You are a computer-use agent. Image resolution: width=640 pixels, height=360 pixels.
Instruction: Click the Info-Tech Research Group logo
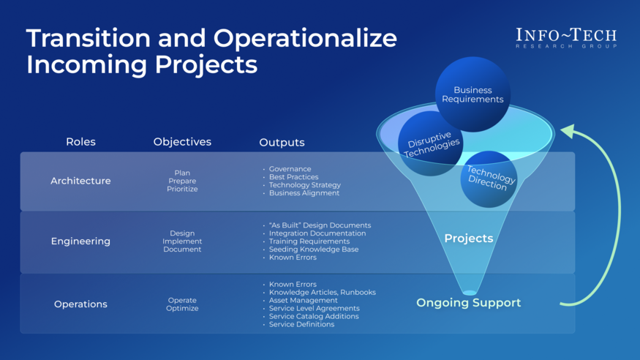pyautogui.click(x=565, y=38)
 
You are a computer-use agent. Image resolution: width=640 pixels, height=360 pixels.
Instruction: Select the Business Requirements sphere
pyautogui.click(x=473, y=94)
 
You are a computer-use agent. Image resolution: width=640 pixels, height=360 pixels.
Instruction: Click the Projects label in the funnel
pyautogui.click(x=469, y=239)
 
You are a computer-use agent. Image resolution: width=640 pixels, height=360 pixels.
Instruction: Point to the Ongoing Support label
pyautogui.click(x=469, y=303)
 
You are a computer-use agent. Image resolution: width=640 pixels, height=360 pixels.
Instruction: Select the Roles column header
pyautogui.click(x=80, y=142)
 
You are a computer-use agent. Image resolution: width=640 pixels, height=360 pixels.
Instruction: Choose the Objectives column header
pyautogui.click(x=182, y=142)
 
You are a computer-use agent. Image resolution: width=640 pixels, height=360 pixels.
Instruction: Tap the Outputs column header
pyautogui.click(x=282, y=143)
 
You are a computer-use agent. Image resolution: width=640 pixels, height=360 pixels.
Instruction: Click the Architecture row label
pyautogui.click(x=80, y=181)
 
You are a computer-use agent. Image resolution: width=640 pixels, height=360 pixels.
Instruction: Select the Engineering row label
pyautogui.click(x=80, y=241)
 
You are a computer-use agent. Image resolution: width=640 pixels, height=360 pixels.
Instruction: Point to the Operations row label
pyautogui.click(x=80, y=304)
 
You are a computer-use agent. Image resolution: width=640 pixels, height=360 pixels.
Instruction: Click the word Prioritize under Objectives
pyautogui.click(x=182, y=190)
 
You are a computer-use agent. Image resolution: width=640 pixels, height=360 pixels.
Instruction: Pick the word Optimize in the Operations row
pyautogui.click(x=182, y=309)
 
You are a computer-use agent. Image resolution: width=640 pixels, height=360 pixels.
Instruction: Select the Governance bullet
pyautogui.click(x=290, y=169)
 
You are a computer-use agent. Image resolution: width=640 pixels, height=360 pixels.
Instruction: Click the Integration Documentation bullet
pyautogui.click(x=317, y=233)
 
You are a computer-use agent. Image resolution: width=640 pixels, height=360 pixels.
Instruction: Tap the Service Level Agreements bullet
pyautogui.click(x=314, y=308)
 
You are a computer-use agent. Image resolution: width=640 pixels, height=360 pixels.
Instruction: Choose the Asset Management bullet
pyautogui.click(x=303, y=300)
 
